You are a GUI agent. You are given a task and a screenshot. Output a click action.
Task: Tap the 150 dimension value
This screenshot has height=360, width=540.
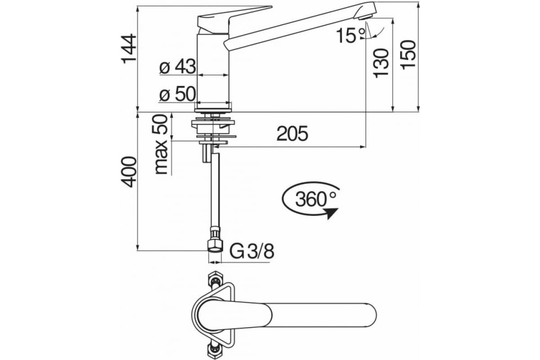pyautogui.click(x=409, y=54)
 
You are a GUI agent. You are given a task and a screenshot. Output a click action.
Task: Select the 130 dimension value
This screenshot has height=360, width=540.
pyautogui.click(x=381, y=62)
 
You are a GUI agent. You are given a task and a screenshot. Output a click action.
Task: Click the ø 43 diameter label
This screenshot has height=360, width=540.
pyautogui.click(x=178, y=67)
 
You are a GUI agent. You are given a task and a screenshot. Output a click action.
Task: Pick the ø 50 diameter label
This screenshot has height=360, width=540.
pyautogui.click(x=178, y=94)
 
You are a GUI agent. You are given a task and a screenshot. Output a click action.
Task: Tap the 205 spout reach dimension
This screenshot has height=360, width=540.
pyautogui.click(x=292, y=134)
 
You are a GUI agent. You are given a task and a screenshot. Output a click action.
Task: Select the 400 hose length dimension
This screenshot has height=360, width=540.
pyautogui.click(x=129, y=172)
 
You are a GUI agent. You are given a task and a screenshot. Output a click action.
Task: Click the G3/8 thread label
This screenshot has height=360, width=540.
pyautogui.click(x=252, y=251)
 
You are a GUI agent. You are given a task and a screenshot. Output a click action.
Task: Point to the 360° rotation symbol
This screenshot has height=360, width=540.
pyautogui.click(x=310, y=198)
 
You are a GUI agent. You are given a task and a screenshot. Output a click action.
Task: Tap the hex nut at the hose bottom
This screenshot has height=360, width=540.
pyautogui.click(x=215, y=246)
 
